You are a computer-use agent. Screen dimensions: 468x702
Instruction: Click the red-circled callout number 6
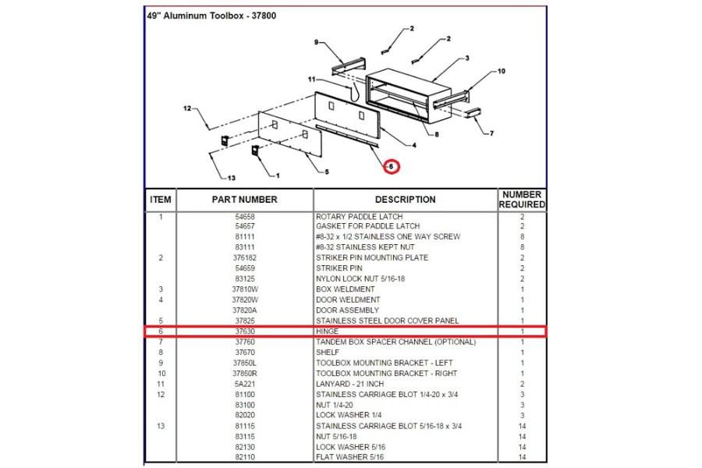[x=392, y=166]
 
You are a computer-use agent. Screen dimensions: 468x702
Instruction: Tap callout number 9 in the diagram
[x=317, y=41]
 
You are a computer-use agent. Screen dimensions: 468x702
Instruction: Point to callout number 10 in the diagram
[x=501, y=71]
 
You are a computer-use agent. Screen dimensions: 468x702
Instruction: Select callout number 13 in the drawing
[x=232, y=178]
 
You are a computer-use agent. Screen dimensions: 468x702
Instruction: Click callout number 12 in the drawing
[x=187, y=108]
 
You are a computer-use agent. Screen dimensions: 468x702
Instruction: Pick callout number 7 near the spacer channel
[x=491, y=133]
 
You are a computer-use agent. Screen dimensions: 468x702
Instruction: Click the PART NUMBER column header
[x=244, y=200]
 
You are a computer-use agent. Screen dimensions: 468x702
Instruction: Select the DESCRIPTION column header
[x=405, y=200]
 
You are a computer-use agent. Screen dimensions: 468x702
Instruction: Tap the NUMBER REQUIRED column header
[x=522, y=200]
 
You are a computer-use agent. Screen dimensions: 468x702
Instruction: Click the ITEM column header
[x=161, y=200]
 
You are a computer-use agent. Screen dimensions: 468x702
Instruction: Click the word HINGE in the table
[x=328, y=331]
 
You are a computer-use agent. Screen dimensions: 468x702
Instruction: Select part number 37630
[x=244, y=331]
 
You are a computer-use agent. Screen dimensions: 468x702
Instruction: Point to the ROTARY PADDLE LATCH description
[x=355, y=216]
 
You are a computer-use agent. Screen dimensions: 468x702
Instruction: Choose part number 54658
[x=244, y=216]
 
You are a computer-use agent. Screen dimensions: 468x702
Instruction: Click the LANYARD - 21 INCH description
[x=349, y=384]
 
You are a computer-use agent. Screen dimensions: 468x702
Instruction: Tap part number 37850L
[x=244, y=363]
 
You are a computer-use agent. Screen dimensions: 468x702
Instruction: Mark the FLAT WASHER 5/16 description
[x=349, y=457]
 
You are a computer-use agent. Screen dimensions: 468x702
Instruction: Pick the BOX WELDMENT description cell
[x=345, y=289]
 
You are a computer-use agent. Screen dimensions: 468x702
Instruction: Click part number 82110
[x=244, y=457]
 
